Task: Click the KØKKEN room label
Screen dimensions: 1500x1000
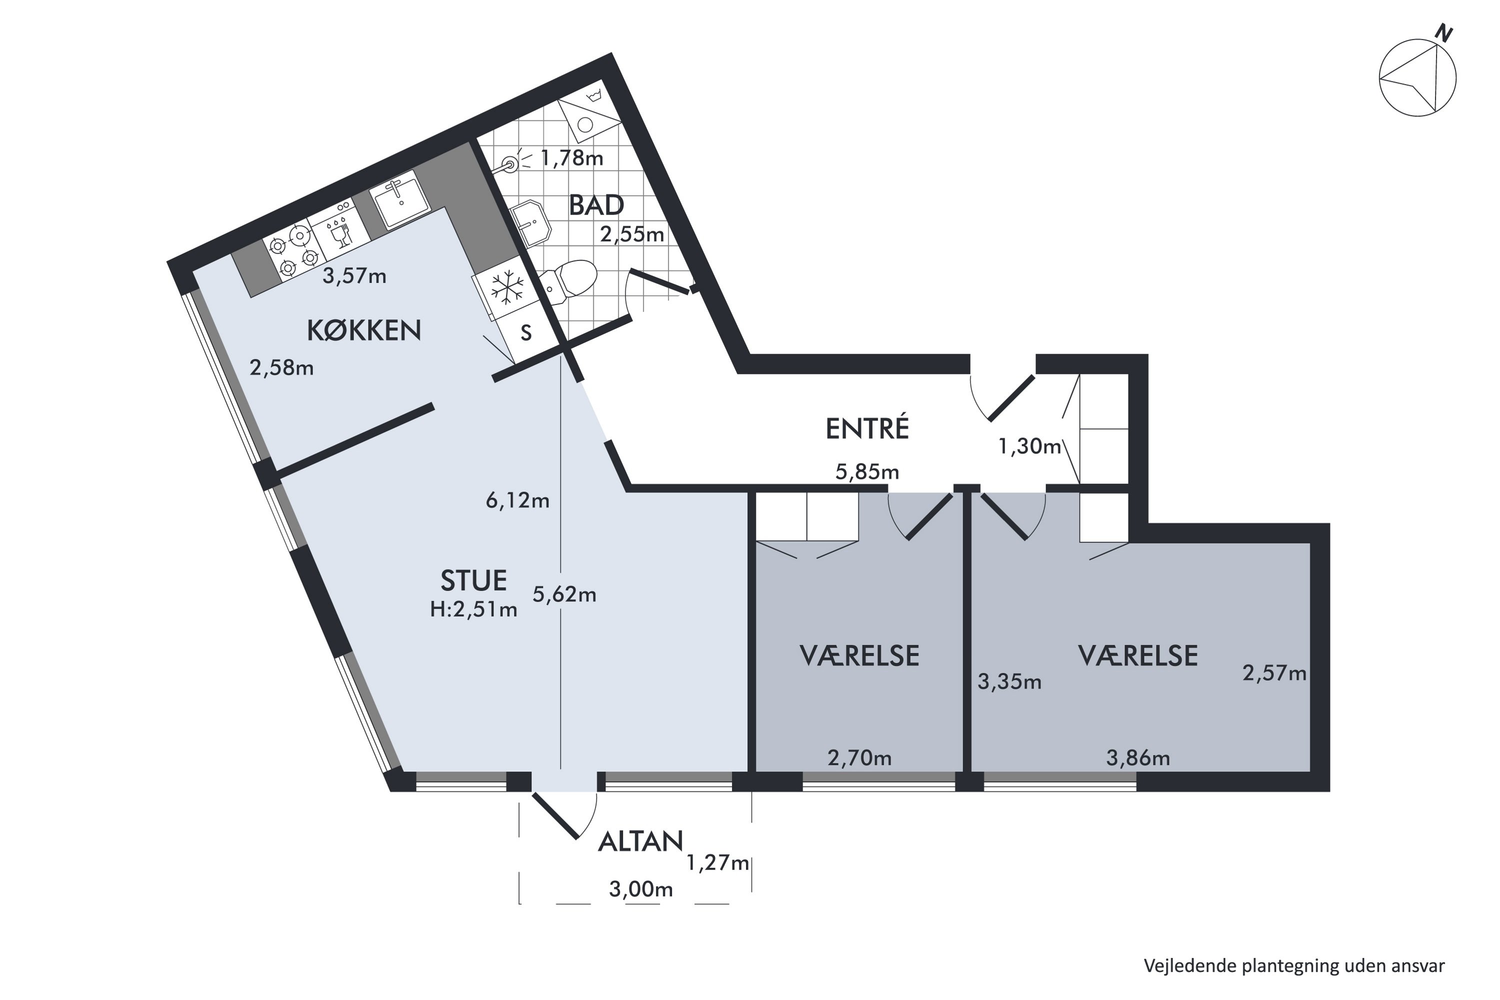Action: (x=363, y=330)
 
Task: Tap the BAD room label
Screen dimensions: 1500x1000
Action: (x=596, y=205)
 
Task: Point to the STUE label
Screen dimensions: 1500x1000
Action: (x=473, y=580)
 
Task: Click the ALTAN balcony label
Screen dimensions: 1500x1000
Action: (x=640, y=842)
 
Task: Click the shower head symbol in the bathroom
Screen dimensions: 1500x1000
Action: (x=511, y=163)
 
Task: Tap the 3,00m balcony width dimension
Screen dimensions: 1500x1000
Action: (x=641, y=889)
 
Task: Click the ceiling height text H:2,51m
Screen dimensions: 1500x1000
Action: (x=473, y=609)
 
